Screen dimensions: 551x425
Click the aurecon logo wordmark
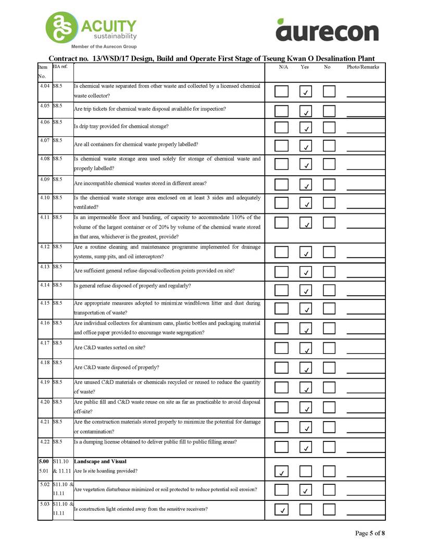click(327, 31)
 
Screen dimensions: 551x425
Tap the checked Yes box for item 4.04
click(306, 92)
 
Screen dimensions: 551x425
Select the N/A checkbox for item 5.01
click(281, 472)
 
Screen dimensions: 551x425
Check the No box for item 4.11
click(329, 223)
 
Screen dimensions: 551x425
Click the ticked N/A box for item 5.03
click(281, 509)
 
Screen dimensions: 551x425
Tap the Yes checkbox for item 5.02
click(306, 489)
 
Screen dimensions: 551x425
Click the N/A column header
click(283, 67)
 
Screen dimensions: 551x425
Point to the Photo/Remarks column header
click(363, 67)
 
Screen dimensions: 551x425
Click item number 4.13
click(44, 267)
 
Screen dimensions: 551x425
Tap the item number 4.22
click(44, 441)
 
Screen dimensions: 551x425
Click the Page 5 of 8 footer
click(370, 533)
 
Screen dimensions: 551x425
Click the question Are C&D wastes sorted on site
click(109, 347)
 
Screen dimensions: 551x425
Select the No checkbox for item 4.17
click(329, 348)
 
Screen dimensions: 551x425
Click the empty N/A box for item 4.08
click(281, 164)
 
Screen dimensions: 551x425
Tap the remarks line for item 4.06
click(366, 130)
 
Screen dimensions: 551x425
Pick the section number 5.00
click(44, 462)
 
